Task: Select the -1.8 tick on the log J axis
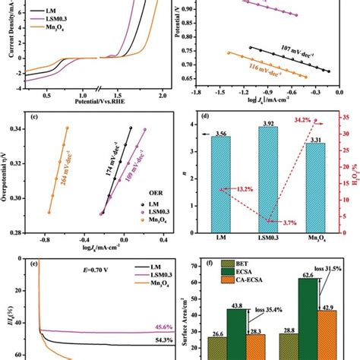[x=196, y=91]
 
